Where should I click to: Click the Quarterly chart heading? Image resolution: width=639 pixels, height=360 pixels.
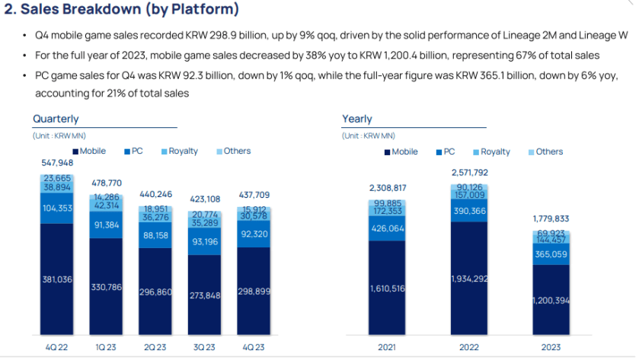tap(56, 119)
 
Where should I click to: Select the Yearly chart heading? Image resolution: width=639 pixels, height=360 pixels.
tap(357, 119)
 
